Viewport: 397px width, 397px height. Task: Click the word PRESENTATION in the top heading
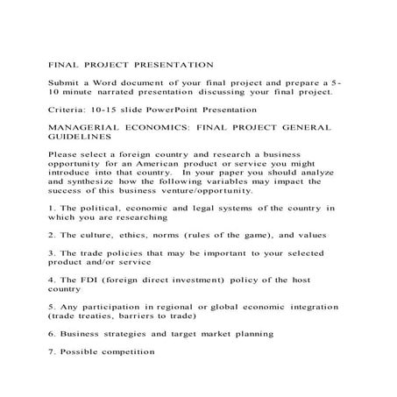(173, 64)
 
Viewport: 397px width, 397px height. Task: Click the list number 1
(50, 208)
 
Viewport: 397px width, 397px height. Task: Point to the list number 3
(50, 253)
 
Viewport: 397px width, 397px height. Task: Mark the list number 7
(50, 352)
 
